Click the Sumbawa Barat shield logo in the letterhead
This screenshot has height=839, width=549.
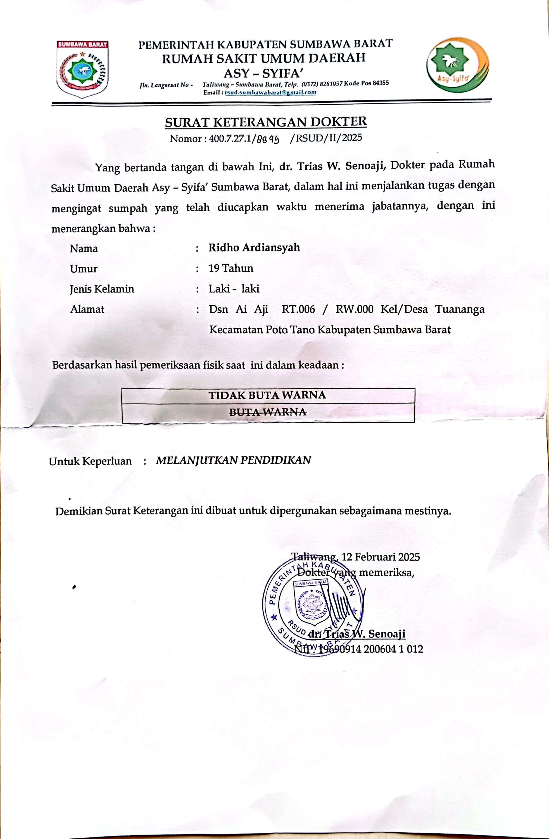(82, 69)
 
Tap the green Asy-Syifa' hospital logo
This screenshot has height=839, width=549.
(457, 65)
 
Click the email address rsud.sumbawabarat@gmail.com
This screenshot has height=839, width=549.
(270, 93)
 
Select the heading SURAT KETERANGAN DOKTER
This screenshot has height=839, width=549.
(266, 122)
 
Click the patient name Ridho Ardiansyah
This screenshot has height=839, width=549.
(254, 248)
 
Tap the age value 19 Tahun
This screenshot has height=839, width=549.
(231, 268)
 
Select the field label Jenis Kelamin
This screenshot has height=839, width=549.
(102, 289)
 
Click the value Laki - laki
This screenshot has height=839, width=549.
(234, 289)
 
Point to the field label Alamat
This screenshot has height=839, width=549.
(87, 309)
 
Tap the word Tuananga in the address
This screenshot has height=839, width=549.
(460, 309)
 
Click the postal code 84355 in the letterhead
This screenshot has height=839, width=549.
(381, 83)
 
